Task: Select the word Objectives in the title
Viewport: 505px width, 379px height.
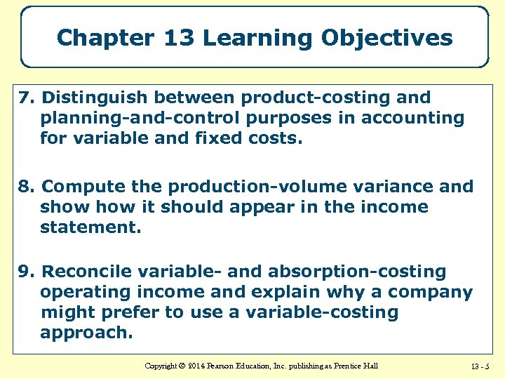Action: (386, 37)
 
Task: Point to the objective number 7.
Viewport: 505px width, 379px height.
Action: (25, 98)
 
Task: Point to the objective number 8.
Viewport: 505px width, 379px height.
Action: (25, 187)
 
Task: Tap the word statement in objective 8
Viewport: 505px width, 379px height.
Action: (90, 227)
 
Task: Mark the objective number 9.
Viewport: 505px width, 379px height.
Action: (25, 272)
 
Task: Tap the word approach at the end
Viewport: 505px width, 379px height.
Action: (86, 333)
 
